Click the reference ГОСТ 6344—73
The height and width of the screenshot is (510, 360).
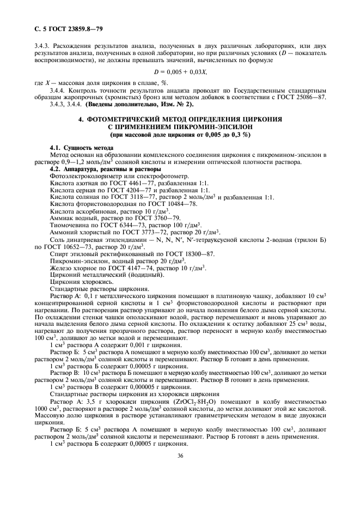click(113, 225)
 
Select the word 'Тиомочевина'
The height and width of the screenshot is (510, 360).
click(69, 225)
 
